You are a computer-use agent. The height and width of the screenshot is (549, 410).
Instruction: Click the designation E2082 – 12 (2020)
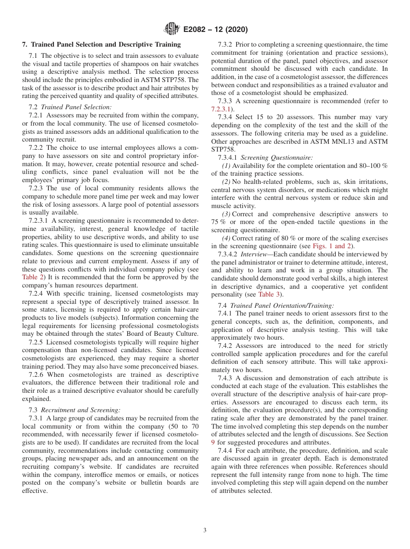(x=215, y=30)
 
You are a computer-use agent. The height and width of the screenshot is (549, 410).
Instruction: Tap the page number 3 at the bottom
(x=205, y=530)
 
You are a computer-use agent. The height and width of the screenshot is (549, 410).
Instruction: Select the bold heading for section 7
(x=101, y=44)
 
